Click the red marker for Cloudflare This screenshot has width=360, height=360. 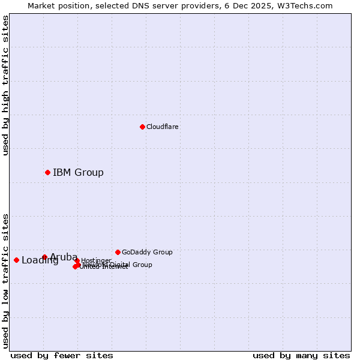(142, 127)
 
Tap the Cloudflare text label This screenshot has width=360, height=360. (163, 127)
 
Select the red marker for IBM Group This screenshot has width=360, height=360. (47, 172)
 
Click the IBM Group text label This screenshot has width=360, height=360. (78, 173)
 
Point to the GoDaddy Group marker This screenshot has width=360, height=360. (118, 252)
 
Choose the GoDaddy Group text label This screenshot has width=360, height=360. (147, 253)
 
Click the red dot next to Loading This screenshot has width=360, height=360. (16, 260)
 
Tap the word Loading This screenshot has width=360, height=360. (40, 260)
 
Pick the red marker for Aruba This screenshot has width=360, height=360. (44, 257)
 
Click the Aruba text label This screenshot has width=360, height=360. (64, 257)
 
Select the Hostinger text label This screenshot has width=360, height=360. (96, 260)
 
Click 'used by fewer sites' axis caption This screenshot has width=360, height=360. (62, 356)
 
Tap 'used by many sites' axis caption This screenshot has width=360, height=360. (301, 356)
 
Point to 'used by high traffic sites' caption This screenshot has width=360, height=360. (5, 85)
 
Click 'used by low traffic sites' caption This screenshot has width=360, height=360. (5, 280)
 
